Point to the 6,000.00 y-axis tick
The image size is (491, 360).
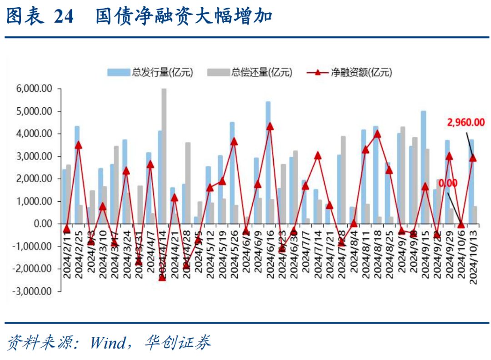(34, 89)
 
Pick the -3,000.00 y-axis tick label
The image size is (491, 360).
(32, 291)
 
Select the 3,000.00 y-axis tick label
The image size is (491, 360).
(34, 156)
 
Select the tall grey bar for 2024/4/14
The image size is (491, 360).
(164, 155)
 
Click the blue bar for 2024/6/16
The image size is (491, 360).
(268, 159)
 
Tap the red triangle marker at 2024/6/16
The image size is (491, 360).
(270, 126)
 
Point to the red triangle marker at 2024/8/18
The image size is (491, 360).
(377, 134)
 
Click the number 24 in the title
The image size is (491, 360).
(63, 17)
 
